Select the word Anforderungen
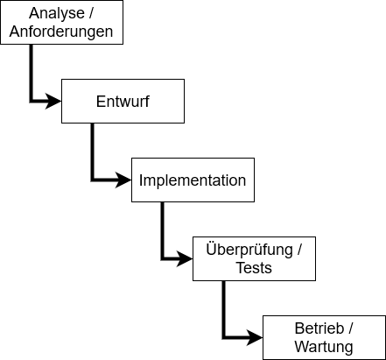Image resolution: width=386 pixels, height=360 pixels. click(x=61, y=32)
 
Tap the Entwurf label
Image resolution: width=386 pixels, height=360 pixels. click(x=123, y=102)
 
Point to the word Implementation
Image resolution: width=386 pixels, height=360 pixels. click(x=193, y=180)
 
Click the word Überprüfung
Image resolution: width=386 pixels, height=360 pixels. click(x=249, y=251)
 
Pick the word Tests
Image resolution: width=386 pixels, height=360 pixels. click(x=254, y=268)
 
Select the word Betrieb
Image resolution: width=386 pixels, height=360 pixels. click(x=319, y=328)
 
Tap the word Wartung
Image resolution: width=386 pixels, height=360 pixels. click(x=324, y=347)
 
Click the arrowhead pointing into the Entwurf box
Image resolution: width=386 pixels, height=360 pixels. click(x=53, y=102)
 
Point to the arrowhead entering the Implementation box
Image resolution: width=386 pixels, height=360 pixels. click(x=123, y=180)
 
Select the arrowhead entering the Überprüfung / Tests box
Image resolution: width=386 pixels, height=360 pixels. click(x=185, y=258)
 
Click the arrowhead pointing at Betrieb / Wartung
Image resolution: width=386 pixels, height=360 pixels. click(x=255, y=338)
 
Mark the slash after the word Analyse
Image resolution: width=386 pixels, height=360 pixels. click(x=91, y=13)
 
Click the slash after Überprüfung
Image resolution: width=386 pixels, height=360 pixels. click(x=299, y=250)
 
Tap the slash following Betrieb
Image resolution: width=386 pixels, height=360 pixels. click(x=350, y=328)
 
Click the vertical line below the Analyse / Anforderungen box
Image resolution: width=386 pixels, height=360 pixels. click(x=31, y=73)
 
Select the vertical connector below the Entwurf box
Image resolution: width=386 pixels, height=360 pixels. click(x=92, y=152)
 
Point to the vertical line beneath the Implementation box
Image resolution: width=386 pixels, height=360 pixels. click(x=162, y=230)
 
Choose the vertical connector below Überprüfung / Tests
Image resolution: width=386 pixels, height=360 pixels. click(x=223, y=309)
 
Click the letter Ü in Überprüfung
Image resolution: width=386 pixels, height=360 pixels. click(x=211, y=249)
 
